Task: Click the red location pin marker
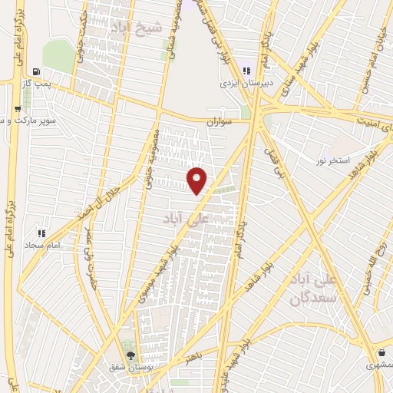click(x=198, y=180)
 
